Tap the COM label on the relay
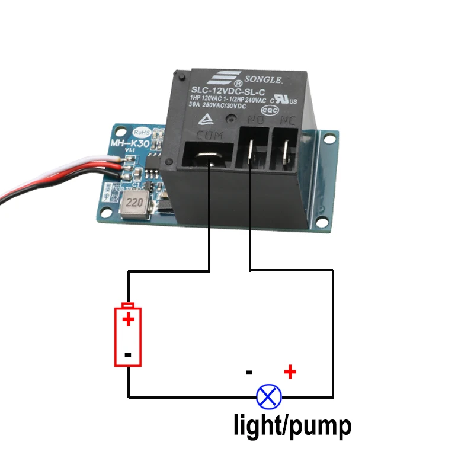point(209,135)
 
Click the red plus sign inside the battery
point(128,320)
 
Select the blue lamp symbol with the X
point(268,396)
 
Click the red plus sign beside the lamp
point(290,372)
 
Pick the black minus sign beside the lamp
point(249,373)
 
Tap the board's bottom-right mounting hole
point(322,223)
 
